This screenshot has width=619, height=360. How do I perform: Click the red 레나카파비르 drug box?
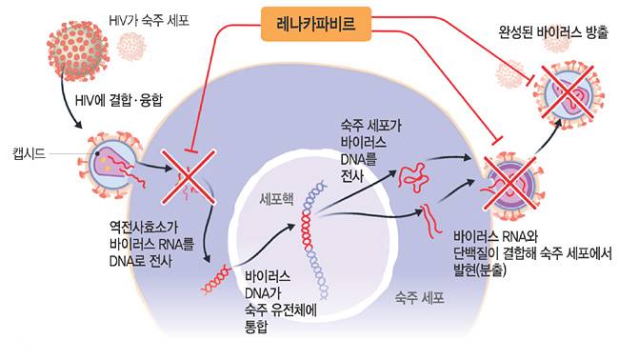coord(309,23)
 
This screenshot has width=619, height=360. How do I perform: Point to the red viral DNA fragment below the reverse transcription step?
coord(214,279)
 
